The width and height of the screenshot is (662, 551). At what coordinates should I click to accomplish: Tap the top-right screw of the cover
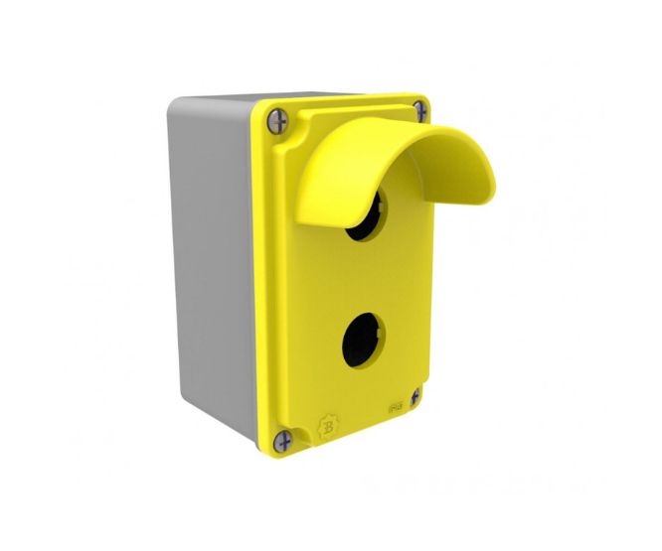click(420, 109)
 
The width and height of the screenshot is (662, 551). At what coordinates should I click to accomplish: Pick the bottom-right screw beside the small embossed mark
click(414, 395)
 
